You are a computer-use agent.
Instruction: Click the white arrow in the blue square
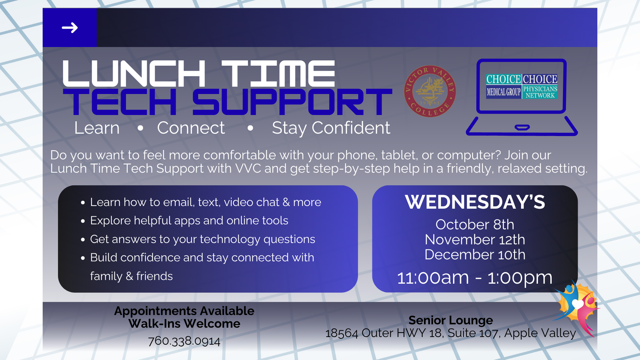[70, 28]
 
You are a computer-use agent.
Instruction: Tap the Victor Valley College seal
[430, 91]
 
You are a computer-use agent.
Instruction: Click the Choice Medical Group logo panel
[503, 86]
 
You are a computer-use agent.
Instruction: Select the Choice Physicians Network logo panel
[540, 86]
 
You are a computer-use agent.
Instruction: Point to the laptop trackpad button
[522, 127]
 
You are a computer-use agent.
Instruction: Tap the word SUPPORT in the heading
[292, 102]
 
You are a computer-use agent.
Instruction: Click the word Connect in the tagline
[191, 128]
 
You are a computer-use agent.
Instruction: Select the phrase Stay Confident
[331, 128]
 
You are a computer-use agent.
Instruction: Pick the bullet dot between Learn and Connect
[140, 128]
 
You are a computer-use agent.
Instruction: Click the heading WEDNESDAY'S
[475, 202]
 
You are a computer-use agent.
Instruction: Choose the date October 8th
[475, 225]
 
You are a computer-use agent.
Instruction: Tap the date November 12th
[475, 240]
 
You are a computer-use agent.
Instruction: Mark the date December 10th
[475, 255]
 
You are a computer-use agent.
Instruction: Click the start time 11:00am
[433, 278]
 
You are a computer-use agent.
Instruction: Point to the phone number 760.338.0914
[184, 341]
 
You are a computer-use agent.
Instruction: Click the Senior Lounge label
[451, 320]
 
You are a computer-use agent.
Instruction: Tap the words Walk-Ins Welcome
[184, 324]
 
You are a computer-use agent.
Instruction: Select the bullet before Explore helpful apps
[83, 221]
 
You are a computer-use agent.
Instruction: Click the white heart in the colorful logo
[578, 304]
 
